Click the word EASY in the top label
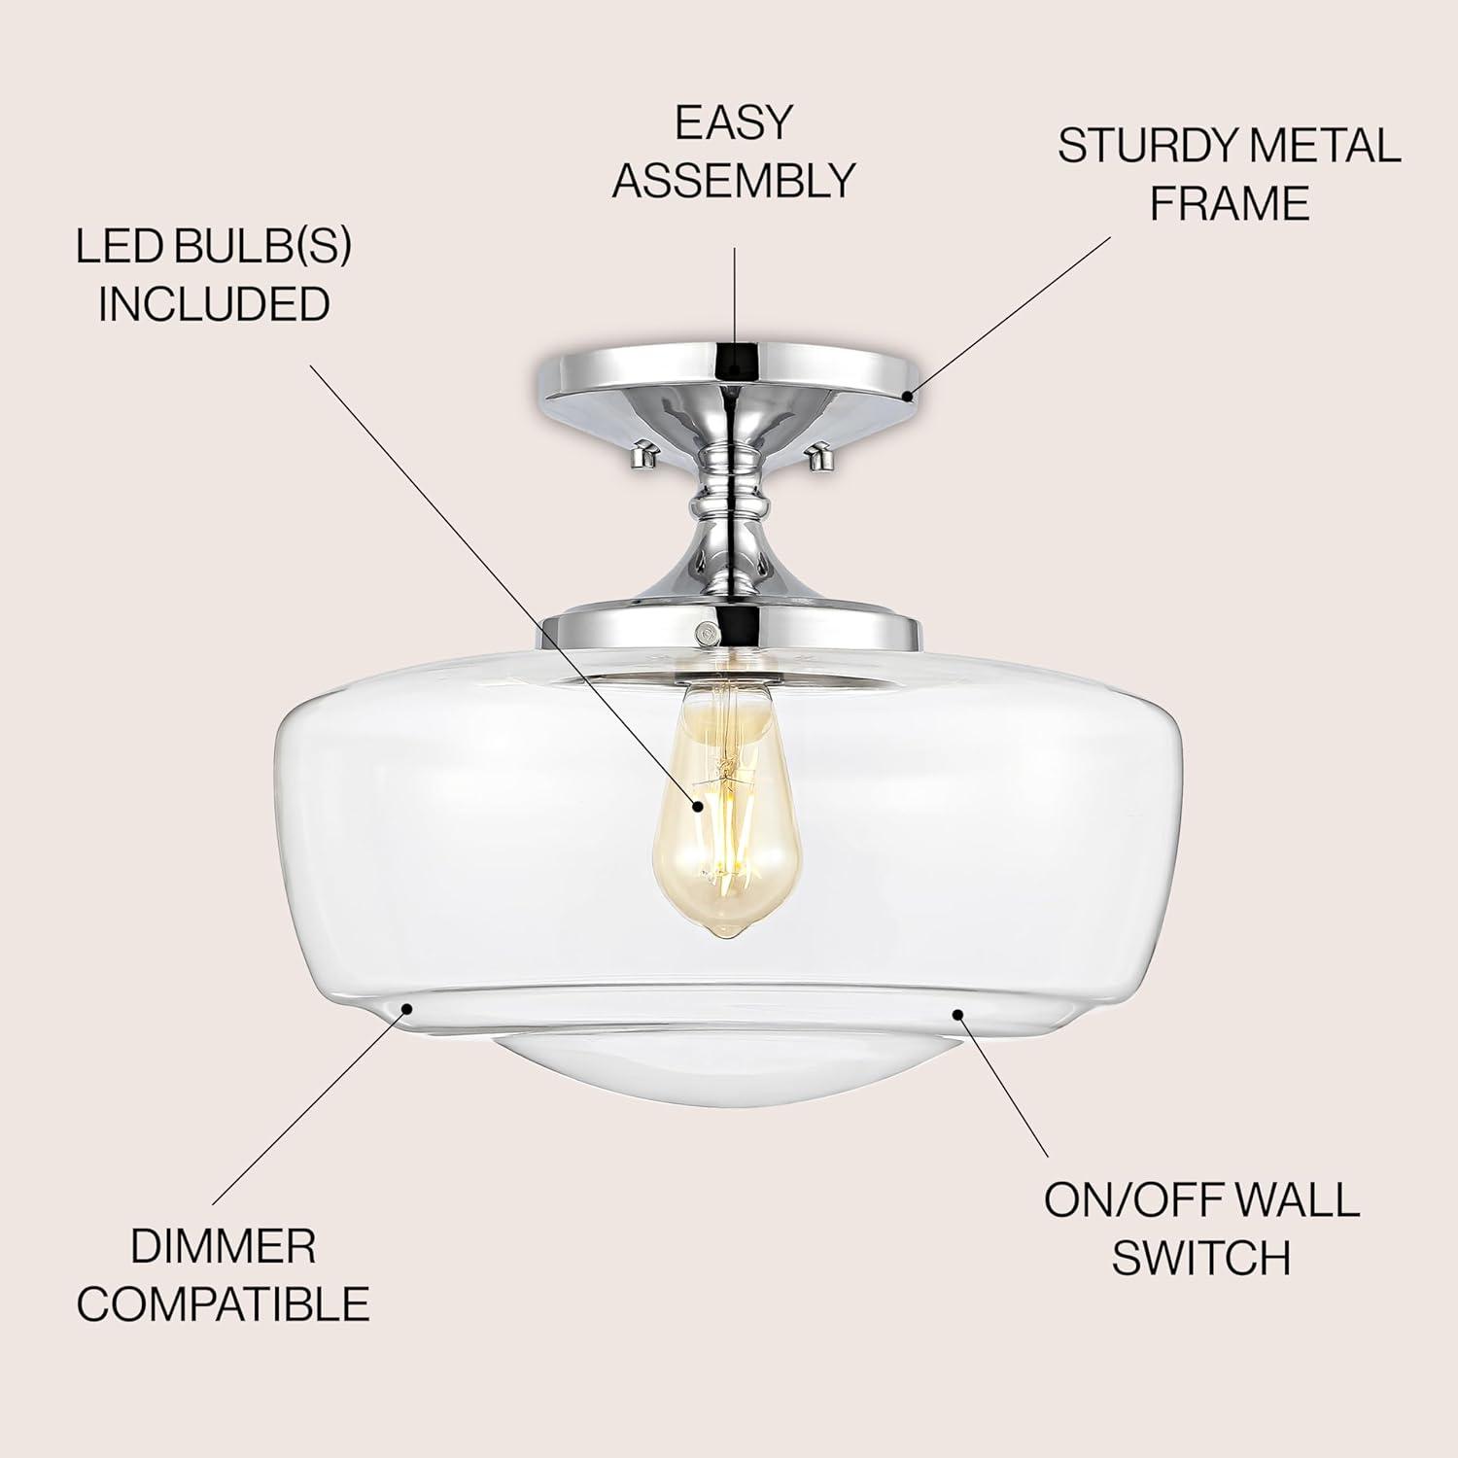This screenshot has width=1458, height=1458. click(734, 122)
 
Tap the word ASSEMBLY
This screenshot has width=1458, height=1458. click(734, 181)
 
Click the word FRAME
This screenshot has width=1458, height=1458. click(1230, 204)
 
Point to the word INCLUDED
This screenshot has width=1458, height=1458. click(214, 304)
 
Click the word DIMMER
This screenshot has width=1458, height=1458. click(224, 1247)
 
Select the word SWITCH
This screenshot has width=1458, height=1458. click(1201, 1259)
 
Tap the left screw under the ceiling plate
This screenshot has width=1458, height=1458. click(642, 452)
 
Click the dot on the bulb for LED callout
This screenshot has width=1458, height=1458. click(698, 805)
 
